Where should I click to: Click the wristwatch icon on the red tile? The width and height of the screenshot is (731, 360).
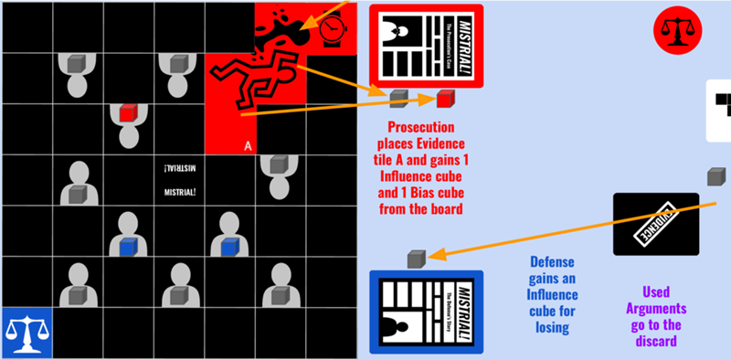click(x=334, y=33)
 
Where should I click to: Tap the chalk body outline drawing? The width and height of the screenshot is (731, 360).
click(x=252, y=86)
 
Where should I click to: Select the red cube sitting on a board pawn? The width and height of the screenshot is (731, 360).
click(x=128, y=113)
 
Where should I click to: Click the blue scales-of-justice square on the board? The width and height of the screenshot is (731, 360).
click(x=26, y=333)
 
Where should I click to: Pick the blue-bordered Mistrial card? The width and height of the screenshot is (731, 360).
click(x=425, y=311)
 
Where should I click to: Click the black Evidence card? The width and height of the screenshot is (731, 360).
click(x=655, y=224)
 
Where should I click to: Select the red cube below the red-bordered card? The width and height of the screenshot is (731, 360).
click(x=445, y=99)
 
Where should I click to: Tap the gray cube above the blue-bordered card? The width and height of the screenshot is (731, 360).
click(x=416, y=259)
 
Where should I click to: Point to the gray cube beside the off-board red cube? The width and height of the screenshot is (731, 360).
click(x=398, y=97)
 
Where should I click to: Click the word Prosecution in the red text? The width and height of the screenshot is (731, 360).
click(x=420, y=127)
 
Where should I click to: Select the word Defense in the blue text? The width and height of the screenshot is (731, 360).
click(x=552, y=261)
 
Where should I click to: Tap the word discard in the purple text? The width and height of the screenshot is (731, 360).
click(x=655, y=342)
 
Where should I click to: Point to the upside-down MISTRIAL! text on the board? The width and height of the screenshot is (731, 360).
click(x=178, y=169)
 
